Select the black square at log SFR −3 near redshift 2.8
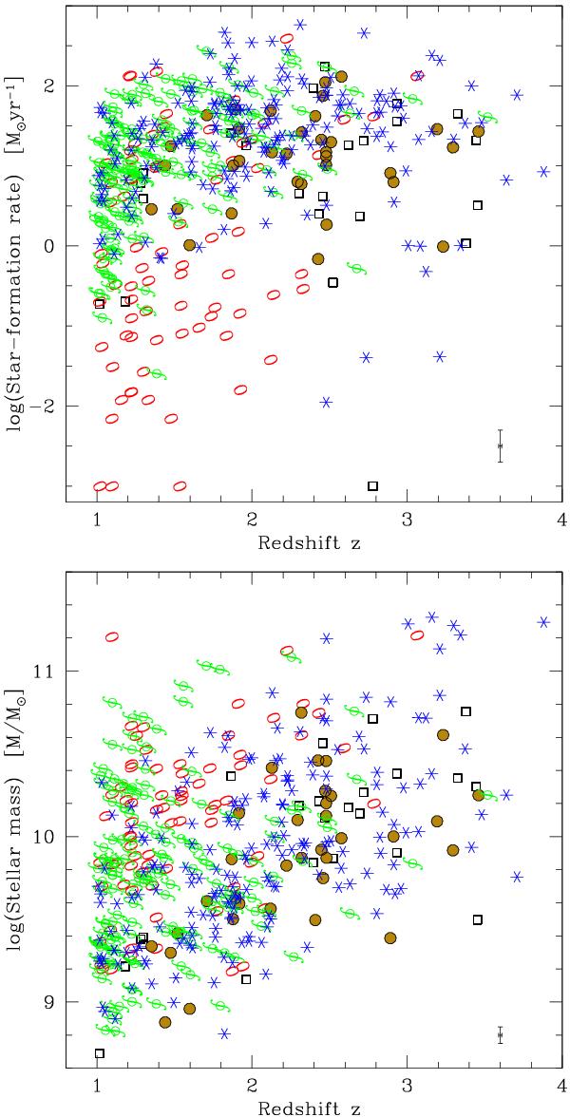pyautogui.click(x=372, y=485)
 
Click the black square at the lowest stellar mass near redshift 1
pyautogui.click(x=99, y=1052)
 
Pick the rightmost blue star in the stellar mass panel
pyautogui.click(x=543, y=622)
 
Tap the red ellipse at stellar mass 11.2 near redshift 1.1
pyautogui.click(x=112, y=637)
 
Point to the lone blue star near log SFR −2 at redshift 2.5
pyautogui.click(x=326, y=402)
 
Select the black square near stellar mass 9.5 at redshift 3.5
pyautogui.click(x=478, y=919)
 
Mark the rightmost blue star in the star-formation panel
pyautogui.click(x=543, y=172)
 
